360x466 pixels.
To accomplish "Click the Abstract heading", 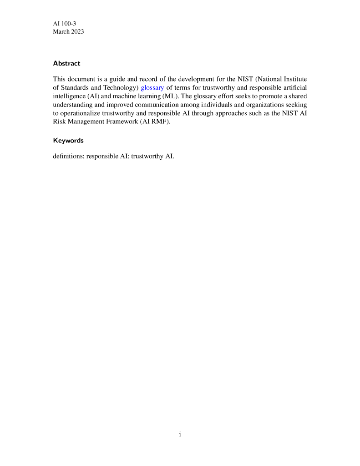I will [x=66, y=63].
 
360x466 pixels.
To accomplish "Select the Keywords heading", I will [x=68, y=140].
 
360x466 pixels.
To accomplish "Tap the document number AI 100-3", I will [x=64, y=23].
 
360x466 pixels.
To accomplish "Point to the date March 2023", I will [x=68, y=32].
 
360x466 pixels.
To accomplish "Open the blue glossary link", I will [x=152, y=87].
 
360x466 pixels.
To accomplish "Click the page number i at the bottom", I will [x=180, y=434].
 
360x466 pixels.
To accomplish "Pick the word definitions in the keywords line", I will [x=68, y=156].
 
